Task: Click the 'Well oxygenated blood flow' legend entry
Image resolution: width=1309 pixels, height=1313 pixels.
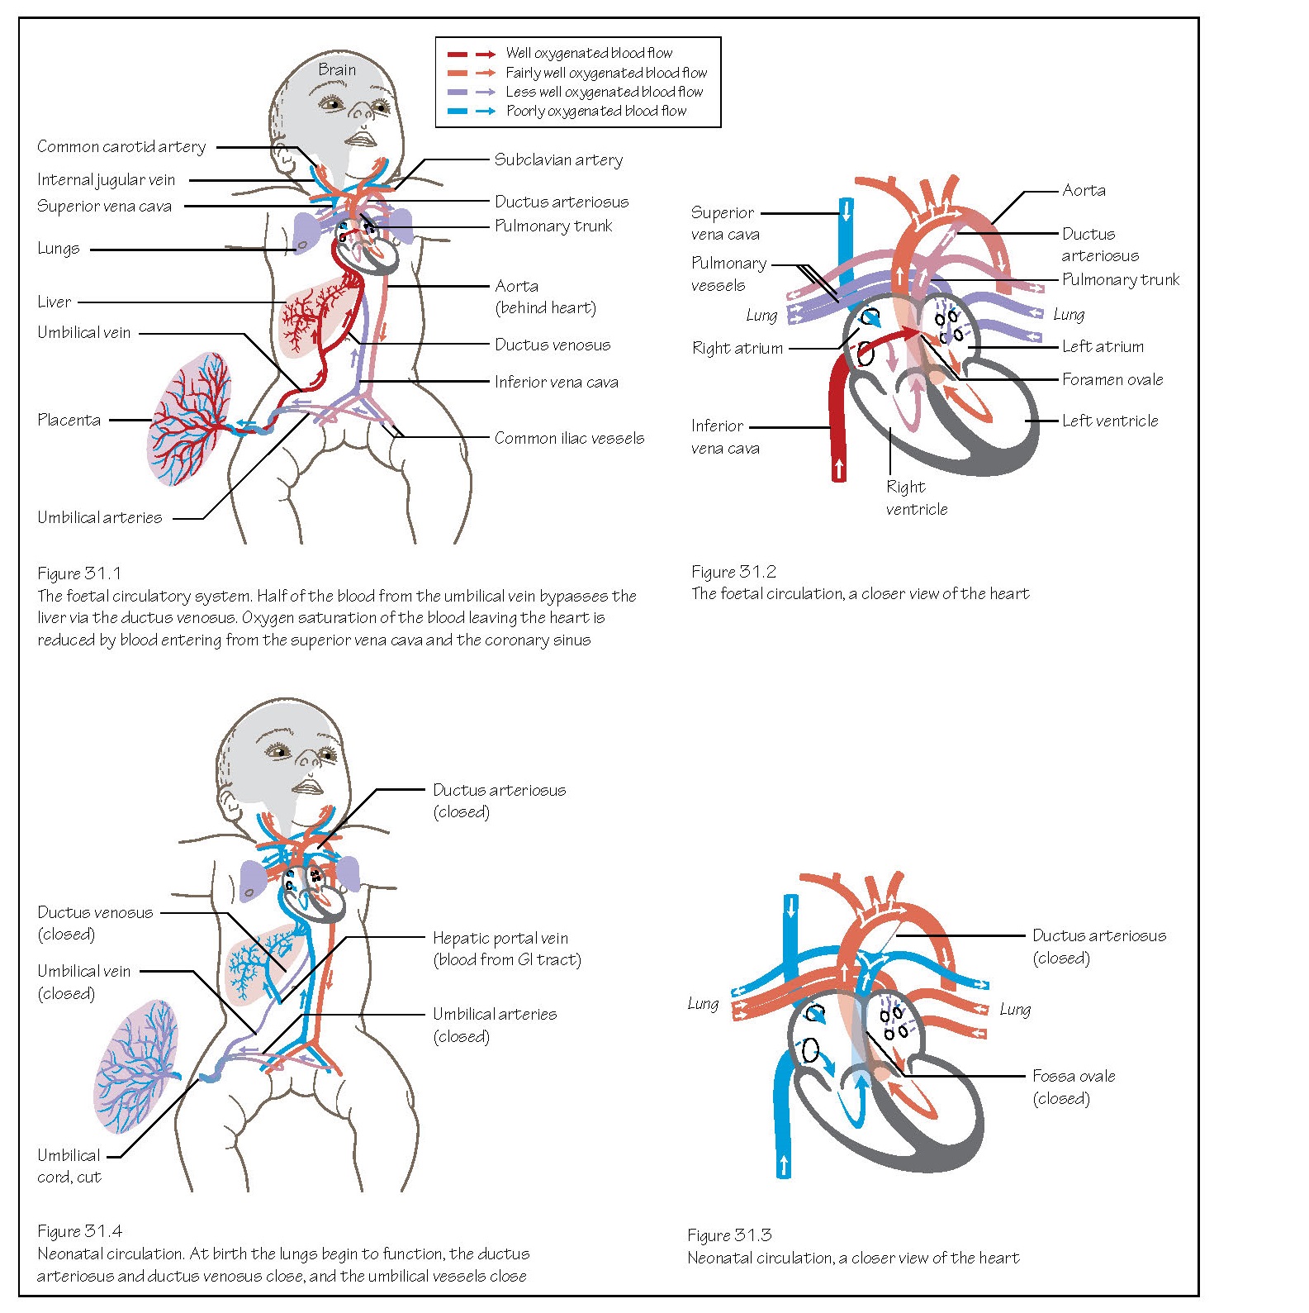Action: coord(588,54)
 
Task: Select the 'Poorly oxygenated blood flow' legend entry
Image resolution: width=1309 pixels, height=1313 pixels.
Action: coord(595,112)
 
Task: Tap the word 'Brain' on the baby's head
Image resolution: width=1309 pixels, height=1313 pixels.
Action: coord(337,70)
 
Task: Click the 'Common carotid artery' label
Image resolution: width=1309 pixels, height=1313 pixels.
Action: coord(121,147)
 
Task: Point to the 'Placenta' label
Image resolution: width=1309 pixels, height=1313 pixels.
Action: coord(69,420)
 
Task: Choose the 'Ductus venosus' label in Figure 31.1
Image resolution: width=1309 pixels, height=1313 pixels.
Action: coord(553,345)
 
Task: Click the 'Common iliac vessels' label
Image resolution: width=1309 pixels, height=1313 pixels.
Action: coord(569,439)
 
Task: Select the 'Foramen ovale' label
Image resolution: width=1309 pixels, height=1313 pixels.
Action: coord(1112,380)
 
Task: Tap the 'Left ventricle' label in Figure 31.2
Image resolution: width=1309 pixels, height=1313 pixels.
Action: coord(1109,421)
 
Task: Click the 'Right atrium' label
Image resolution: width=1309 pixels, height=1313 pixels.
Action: coord(737,349)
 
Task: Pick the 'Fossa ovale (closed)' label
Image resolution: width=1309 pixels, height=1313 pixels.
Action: coord(1073,1087)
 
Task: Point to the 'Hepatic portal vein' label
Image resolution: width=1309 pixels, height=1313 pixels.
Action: coord(500,939)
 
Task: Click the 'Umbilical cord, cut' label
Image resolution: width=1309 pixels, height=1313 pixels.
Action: coord(69,1166)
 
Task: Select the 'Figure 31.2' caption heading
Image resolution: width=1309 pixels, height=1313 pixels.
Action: coord(733,572)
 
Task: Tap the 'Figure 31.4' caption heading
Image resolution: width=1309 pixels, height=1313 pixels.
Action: coord(79,1231)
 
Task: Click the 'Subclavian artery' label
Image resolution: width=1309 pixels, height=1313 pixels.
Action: coord(558,160)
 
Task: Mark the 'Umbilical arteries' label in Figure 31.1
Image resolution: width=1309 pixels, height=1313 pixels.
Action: coord(99,518)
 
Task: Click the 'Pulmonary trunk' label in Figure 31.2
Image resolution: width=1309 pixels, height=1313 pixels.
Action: coord(1120,280)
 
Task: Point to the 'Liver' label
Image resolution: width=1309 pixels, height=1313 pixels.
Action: coord(54,302)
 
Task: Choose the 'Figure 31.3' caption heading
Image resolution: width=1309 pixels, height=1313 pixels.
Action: coord(728,1235)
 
